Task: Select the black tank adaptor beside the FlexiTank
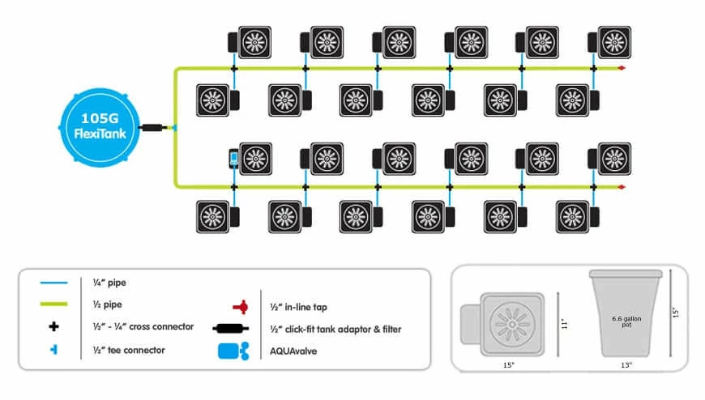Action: click(x=151, y=128)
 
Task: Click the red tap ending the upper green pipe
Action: click(x=621, y=69)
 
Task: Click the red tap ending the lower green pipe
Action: click(x=621, y=187)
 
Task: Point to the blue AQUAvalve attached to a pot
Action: click(x=233, y=158)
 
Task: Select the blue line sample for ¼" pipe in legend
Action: click(x=55, y=283)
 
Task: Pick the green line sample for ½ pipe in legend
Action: click(x=55, y=305)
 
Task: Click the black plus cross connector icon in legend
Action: click(x=55, y=327)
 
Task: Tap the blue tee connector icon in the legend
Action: click(x=55, y=350)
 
